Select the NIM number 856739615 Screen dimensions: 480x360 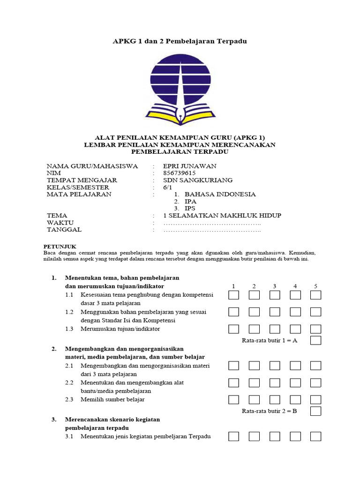point(179,173)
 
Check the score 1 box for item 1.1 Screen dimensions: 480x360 point(233,295)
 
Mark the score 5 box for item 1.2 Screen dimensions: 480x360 point(315,312)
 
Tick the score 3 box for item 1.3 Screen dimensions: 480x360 point(275,329)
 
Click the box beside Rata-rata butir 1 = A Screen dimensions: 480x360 point(315,340)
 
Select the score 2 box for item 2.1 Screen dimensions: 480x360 point(254,366)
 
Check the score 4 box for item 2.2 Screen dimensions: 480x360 point(295,383)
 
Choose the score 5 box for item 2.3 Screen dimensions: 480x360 point(315,400)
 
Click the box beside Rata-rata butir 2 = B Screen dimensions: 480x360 point(315,411)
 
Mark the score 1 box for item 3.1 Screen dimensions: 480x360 point(233,436)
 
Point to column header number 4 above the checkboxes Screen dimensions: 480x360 point(295,286)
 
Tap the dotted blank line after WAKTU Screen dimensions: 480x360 point(211,223)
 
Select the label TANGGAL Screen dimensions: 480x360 point(64,230)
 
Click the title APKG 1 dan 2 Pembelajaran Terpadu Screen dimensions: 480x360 point(180,41)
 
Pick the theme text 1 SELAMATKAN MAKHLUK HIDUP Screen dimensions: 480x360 point(222,216)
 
